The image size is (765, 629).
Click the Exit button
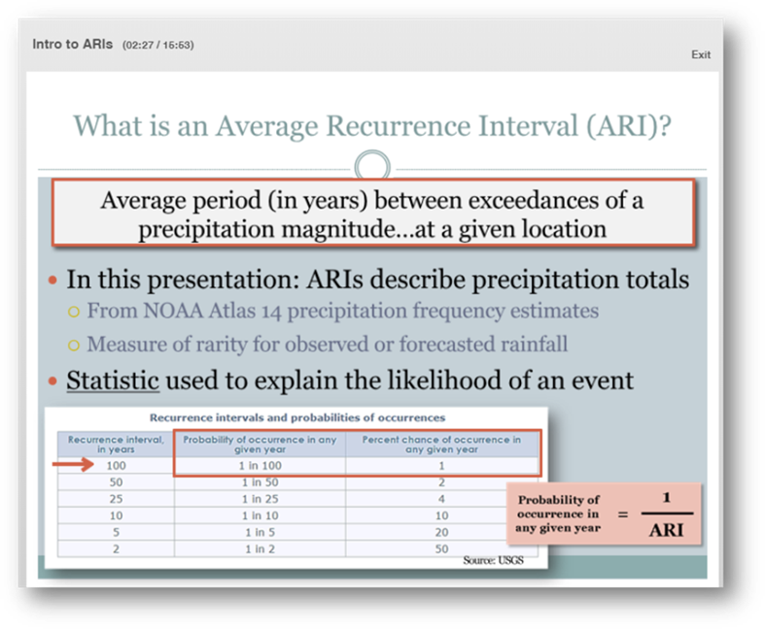point(701,54)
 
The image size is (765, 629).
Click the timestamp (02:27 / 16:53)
point(158,46)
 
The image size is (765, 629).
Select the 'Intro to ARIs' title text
point(72,45)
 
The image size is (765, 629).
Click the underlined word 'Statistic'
point(113,381)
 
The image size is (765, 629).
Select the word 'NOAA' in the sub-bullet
point(173,311)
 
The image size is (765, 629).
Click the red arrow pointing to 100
point(73,464)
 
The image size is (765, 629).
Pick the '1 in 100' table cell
point(260,466)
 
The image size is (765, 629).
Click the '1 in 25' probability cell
point(260,499)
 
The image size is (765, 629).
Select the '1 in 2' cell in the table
point(260,549)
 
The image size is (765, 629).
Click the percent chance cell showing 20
point(441,533)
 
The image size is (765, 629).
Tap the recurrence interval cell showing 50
point(116,482)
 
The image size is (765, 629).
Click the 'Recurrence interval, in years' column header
point(116,445)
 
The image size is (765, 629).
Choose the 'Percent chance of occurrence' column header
point(441,445)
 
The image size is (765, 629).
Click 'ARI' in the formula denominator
point(667,530)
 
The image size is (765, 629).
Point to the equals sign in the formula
point(623,514)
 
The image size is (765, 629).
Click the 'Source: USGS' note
point(493,560)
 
